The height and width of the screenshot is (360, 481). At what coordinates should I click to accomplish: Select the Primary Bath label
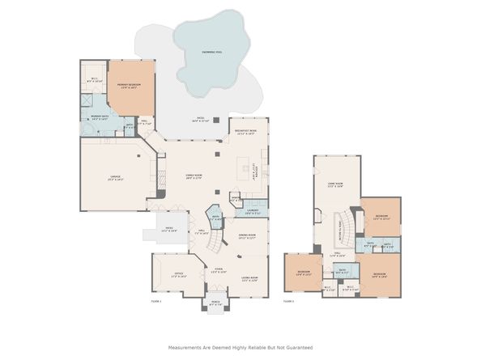tap(100, 119)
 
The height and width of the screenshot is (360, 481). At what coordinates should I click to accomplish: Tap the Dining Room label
tap(247, 237)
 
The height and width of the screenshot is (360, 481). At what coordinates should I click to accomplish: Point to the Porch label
tap(216, 304)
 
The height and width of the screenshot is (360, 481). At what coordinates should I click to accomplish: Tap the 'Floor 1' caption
tap(156, 301)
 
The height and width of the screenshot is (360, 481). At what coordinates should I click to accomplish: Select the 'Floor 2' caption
tap(288, 301)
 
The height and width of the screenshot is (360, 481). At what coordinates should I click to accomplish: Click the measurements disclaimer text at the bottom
tap(240, 348)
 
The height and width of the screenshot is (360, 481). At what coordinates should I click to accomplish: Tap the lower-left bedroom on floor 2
tap(303, 273)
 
